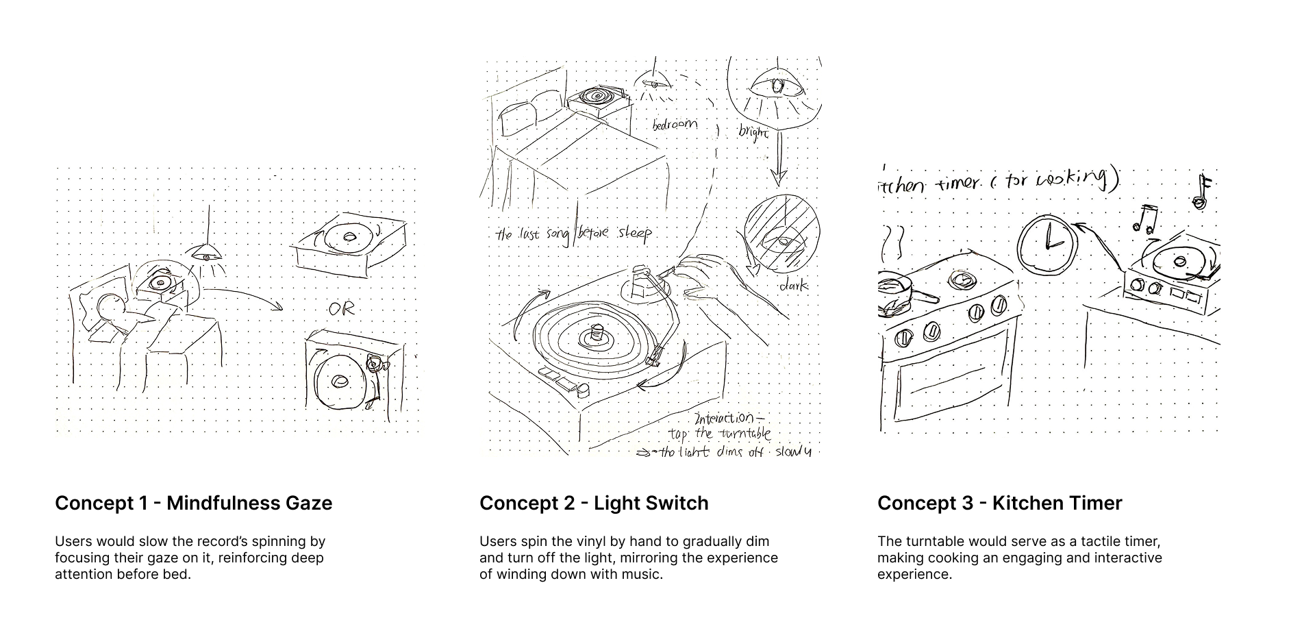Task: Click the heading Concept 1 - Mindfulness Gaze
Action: click(193, 503)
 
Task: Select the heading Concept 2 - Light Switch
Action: click(594, 503)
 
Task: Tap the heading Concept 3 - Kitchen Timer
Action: click(999, 503)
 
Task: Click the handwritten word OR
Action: click(341, 309)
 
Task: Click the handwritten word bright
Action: click(753, 132)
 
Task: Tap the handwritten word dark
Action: click(793, 285)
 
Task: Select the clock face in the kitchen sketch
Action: click(1045, 244)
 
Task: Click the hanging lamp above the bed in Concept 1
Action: click(207, 253)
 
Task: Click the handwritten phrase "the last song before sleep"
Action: click(573, 234)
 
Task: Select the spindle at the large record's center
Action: click(596, 334)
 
